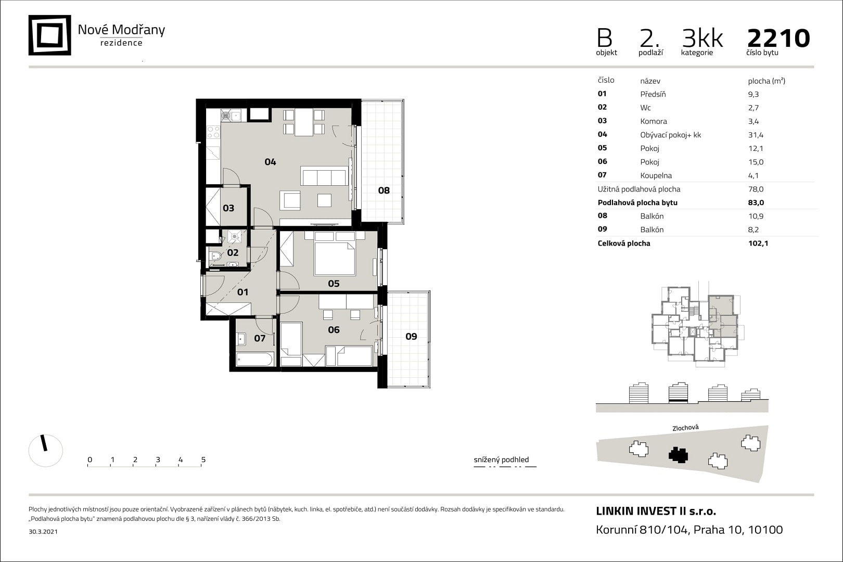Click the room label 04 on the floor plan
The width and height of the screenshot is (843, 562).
[x=270, y=162]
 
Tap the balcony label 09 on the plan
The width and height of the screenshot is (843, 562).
[x=411, y=336]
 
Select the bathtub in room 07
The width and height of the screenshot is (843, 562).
[x=254, y=359]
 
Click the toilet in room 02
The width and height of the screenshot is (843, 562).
[x=216, y=256]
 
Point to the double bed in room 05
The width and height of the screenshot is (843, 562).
[x=335, y=258]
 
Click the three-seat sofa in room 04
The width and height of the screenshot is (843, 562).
[x=324, y=176]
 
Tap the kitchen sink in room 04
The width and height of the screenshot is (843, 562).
[x=231, y=116]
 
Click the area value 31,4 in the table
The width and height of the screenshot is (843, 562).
[x=756, y=135]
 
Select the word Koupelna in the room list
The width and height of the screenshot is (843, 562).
[x=656, y=175]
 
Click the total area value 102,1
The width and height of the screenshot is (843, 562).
[x=758, y=243]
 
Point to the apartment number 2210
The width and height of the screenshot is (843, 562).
[x=778, y=38]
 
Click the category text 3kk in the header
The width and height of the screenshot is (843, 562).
[x=702, y=38]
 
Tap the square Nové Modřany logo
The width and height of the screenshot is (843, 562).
[x=49, y=35]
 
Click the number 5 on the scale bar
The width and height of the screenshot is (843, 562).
[x=203, y=459]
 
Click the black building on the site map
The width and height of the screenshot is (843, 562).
[x=678, y=455]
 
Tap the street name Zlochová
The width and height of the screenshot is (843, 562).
[x=685, y=428]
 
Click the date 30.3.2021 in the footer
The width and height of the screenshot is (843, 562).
[x=43, y=531]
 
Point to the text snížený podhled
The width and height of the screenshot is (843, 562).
[x=501, y=459]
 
